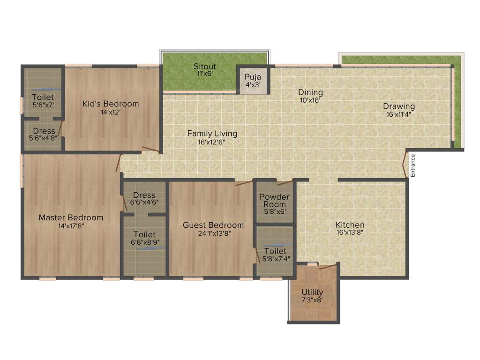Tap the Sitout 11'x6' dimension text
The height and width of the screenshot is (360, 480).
(205, 74)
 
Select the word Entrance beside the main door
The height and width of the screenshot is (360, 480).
(413, 165)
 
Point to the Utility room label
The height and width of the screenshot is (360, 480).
(312, 292)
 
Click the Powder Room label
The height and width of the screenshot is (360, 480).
(275, 201)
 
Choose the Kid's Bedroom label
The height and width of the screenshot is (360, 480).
(111, 104)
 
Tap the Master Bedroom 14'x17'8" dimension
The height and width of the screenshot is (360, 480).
(71, 225)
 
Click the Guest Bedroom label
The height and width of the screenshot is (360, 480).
(213, 225)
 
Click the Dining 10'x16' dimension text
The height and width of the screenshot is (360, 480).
(311, 100)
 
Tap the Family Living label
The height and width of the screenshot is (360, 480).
(212, 134)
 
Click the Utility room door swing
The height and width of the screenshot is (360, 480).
(328, 267)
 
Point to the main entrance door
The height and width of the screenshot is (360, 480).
(405, 165)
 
